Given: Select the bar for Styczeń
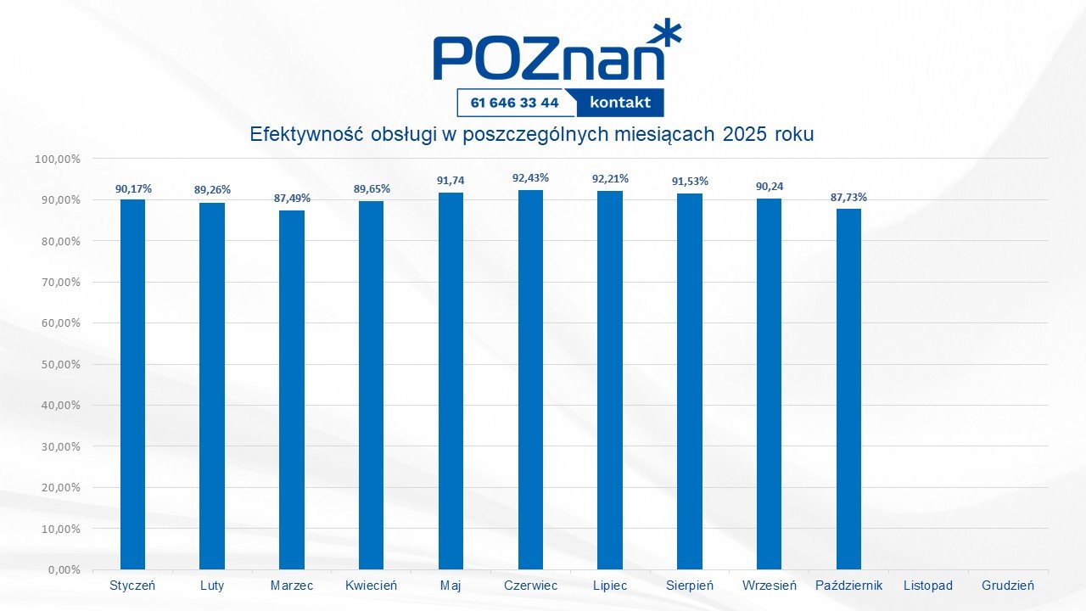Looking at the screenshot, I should [x=132, y=384].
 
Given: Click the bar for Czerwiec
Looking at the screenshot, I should [x=530, y=379].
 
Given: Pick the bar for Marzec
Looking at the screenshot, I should [x=292, y=390].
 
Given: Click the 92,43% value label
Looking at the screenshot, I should [x=530, y=178].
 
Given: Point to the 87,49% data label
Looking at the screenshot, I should [x=292, y=199].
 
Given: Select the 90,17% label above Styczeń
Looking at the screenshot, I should [x=133, y=188].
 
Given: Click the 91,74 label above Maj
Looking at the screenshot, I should [x=451, y=181].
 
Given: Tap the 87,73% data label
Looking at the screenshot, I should [x=848, y=198].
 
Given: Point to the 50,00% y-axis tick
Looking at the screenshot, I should [x=58, y=364].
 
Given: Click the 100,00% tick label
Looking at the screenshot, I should [x=55, y=159].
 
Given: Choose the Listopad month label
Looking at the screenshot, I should [x=928, y=586].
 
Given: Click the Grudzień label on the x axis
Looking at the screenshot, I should [x=1008, y=586].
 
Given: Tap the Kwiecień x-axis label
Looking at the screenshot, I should [x=371, y=586].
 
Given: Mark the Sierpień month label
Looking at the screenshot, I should [x=690, y=586].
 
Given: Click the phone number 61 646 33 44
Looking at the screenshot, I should [x=513, y=103].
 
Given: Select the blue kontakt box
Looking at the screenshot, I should [x=620, y=103].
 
